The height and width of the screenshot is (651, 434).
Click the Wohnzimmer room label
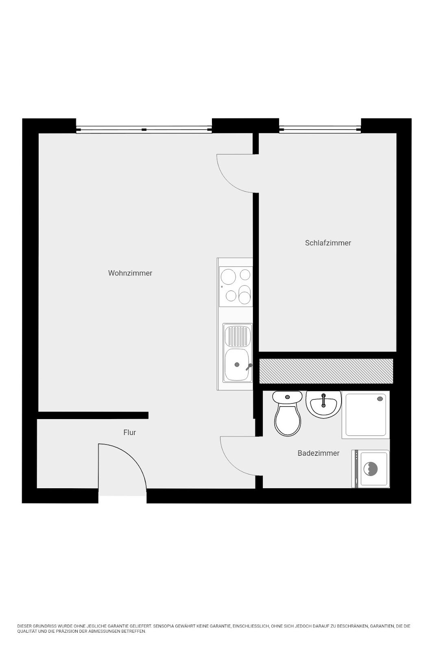130,273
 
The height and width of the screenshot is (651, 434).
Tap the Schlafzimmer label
328,243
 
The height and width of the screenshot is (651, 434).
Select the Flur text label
130,433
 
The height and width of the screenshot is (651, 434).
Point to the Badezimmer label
318,453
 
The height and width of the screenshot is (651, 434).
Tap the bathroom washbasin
323,404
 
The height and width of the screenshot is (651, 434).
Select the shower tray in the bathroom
366,415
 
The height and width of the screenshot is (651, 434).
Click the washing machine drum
370,469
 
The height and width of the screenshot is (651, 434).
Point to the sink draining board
238,336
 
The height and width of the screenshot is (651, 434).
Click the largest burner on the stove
228,276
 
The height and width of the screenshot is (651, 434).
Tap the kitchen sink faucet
249,367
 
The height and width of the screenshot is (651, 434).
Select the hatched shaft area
326,371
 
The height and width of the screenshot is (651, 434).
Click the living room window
144,129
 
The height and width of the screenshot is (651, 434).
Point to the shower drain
379,399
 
